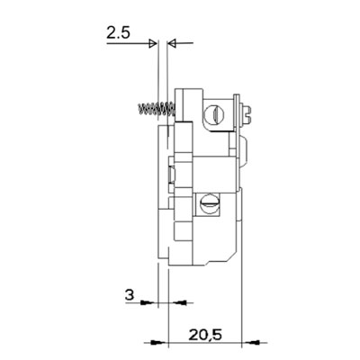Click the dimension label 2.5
coord(118,33)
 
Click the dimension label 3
coord(130,295)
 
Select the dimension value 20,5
coord(205,335)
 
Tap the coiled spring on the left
coord(157,109)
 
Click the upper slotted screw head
coord(213,114)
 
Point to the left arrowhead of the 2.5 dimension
coord(153,44)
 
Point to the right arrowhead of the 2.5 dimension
coord(172,44)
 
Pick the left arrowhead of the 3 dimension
coord(148,302)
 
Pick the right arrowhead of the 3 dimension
coord(179,302)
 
